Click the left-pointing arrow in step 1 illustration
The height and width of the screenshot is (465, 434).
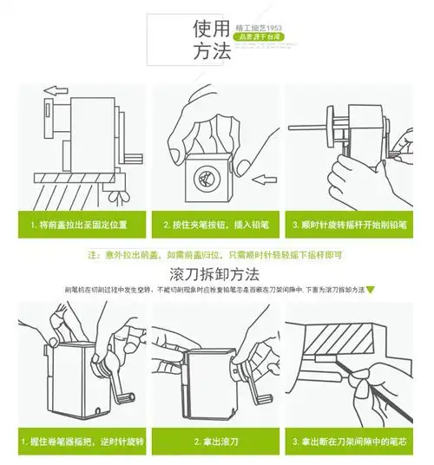pyautogui.click(x=55, y=89)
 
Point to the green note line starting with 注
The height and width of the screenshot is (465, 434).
pyautogui.click(x=217, y=256)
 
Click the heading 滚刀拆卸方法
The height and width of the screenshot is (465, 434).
pyautogui.click(x=216, y=274)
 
